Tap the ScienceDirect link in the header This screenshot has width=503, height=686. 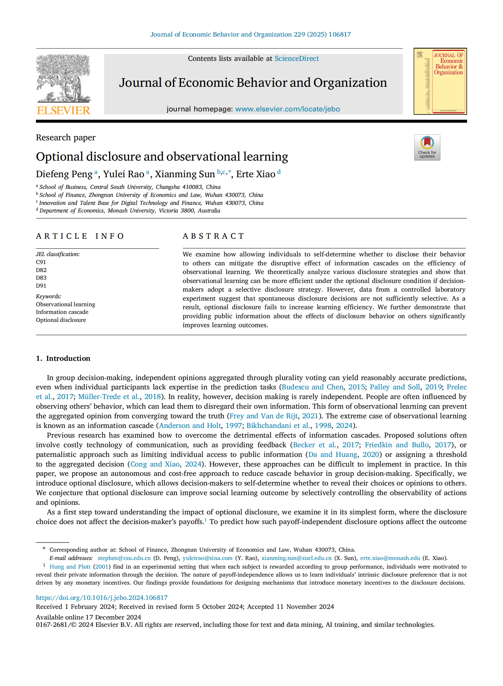pyautogui.click(x=296, y=59)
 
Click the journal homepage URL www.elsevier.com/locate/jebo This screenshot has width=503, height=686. pyautogui.click(x=287, y=109)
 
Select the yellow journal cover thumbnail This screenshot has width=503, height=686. pyautogui.click(x=440, y=81)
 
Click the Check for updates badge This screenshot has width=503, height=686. pyautogui.click(x=427, y=148)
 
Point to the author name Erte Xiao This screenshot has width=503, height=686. pyautogui.click(x=255, y=174)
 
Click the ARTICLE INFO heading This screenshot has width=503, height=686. pyautogui.click(x=80, y=236)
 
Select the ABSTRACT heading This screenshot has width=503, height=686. pyautogui.click(x=213, y=236)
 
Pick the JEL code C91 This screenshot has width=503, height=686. pyautogui.click(x=41, y=262)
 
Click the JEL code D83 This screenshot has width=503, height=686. pyautogui.click(x=41, y=278)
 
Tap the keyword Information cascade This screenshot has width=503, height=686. pyautogui.click(x=62, y=312)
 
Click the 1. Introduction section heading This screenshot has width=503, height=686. pyautogui.click(x=63, y=358)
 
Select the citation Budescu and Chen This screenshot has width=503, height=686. pyautogui.click(x=312, y=387)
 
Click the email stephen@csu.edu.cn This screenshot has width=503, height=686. pyautogui.click(x=124, y=558)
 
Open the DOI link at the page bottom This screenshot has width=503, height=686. pyautogui.click(x=102, y=598)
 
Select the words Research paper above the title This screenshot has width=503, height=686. pyautogui.click(x=66, y=138)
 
